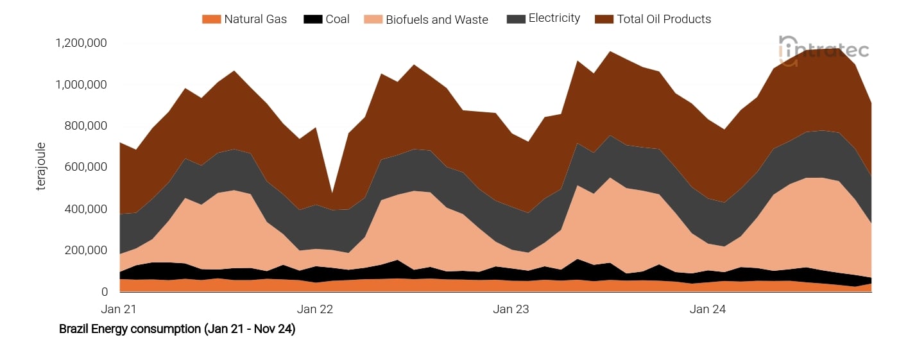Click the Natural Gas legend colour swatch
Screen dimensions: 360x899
coord(211,19)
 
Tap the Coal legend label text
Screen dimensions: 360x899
coord(338,19)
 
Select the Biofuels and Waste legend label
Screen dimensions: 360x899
coord(436,20)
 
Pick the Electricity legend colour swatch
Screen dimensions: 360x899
coord(515,19)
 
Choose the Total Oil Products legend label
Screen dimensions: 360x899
coord(664,19)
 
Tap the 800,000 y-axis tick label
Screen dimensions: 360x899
coord(86,126)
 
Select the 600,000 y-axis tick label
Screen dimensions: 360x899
coord(86,167)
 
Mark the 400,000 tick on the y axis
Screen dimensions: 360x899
coord(86,209)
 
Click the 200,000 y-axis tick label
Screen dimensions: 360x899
coord(86,250)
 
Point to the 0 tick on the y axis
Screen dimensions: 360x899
coord(104,292)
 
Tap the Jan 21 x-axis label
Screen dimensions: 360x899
coord(119,309)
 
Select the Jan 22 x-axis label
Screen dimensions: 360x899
coord(315,309)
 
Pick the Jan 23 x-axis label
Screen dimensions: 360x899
coord(511,309)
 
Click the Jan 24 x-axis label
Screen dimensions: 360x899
coord(707,309)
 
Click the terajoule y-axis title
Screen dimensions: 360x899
coord(41,167)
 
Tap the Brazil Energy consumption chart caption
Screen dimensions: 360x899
coord(177,329)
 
